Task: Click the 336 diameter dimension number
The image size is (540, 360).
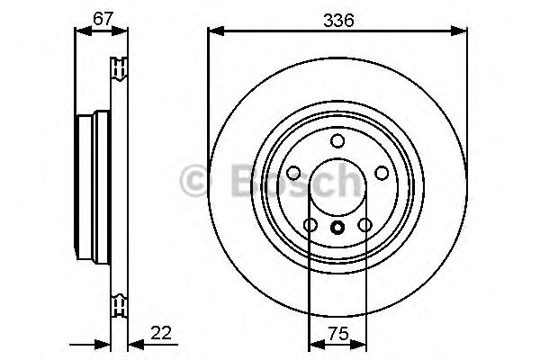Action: tap(337, 16)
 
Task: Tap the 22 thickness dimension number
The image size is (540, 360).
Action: tap(163, 332)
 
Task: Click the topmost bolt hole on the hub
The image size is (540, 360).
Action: tap(337, 140)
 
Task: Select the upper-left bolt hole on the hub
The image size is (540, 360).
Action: tap(294, 173)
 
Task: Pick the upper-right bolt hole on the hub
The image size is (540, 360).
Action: tap(381, 173)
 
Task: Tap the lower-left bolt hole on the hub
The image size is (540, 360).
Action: tap(310, 225)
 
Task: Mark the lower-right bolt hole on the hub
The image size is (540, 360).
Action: tap(364, 225)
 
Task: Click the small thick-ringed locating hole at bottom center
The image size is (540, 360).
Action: tap(337, 228)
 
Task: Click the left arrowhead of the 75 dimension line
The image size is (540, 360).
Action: tap(315, 344)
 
